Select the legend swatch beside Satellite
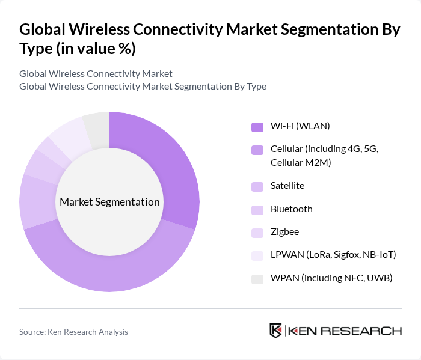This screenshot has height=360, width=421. tap(257, 187)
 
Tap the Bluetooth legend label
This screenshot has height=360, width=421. tap(291, 209)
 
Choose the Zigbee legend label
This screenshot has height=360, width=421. tap(284, 231)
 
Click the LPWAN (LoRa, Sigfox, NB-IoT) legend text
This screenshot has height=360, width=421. tap(333, 255)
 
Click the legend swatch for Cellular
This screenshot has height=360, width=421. tap(257, 150)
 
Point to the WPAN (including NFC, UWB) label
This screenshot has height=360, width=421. tap(331, 278)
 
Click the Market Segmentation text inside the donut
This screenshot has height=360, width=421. tap(109, 202)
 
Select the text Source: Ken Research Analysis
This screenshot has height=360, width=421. tap(73, 331)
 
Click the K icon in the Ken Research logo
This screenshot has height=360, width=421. tap(276, 331)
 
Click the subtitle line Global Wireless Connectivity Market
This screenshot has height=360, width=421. tap(96, 73)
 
